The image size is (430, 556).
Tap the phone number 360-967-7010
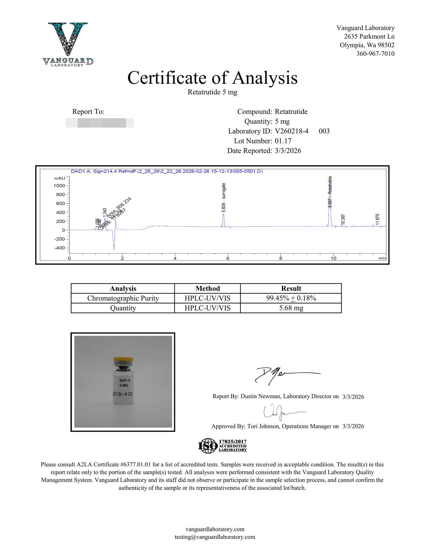(x=375, y=54)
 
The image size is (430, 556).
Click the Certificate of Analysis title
(x=212, y=78)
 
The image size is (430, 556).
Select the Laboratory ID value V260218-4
(x=292, y=131)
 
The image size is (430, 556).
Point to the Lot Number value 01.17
(x=283, y=141)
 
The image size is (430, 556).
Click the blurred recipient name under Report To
(x=99, y=123)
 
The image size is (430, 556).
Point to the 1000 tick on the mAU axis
(x=59, y=186)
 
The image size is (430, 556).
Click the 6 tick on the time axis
(x=228, y=258)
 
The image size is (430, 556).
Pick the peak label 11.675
(x=377, y=219)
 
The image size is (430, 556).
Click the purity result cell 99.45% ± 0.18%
(x=291, y=298)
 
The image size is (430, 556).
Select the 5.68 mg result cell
(x=291, y=308)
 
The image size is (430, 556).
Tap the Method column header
(x=207, y=288)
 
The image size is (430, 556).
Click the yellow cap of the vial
(x=123, y=359)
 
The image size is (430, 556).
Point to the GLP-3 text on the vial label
(x=125, y=380)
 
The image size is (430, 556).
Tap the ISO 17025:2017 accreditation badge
(x=222, y=446)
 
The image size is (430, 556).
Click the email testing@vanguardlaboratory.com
(x=215, y=537)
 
